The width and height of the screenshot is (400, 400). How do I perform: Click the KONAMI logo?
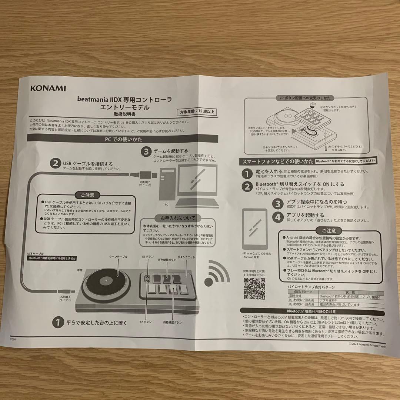(x=48, y=89)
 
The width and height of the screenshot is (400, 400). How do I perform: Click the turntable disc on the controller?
(x=104, y=284)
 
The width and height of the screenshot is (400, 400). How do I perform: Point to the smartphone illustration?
(x=254, y=229)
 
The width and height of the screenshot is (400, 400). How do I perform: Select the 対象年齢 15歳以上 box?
(x=197, y=111)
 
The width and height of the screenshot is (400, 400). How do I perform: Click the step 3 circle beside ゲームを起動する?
(x=147, y=151)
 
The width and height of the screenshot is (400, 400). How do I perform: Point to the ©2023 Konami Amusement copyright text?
(x=367, y=346)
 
